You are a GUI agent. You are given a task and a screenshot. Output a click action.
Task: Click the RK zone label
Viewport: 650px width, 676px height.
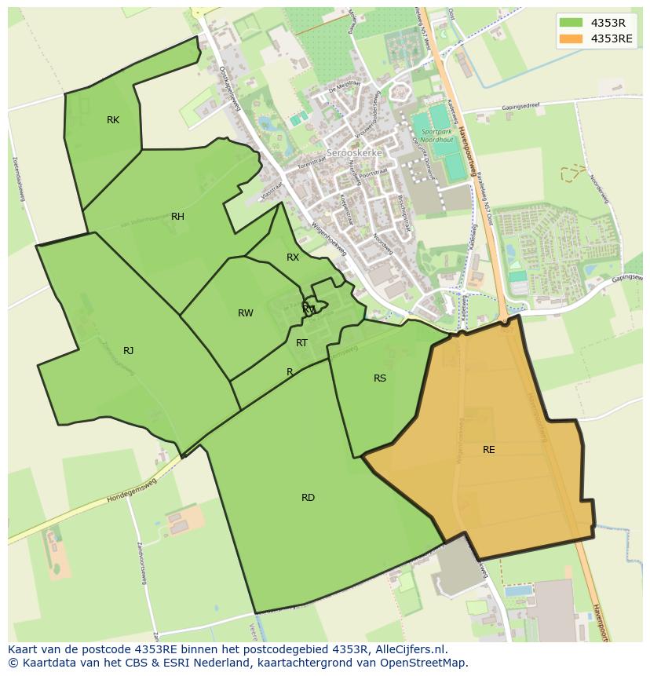point(113,120)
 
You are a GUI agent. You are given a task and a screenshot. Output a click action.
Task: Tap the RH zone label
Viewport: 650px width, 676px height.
point(177,217)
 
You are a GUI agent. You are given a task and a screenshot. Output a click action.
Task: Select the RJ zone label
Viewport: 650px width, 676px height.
point(128,351)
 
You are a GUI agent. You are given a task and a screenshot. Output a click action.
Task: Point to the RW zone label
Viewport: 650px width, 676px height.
point(245,313)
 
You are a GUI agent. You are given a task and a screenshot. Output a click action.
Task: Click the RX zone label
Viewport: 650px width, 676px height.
point(292,258)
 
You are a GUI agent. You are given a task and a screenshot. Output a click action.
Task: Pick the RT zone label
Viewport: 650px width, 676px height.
point(301,343)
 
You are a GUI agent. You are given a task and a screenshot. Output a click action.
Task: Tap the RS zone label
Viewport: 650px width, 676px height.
point(379,378)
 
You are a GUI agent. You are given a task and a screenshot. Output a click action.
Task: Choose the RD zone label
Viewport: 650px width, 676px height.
point(308,498)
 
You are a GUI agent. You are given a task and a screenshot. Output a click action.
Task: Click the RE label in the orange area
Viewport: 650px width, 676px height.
point(488,450)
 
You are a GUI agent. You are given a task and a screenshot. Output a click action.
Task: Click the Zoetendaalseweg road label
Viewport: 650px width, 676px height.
point(19,178)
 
